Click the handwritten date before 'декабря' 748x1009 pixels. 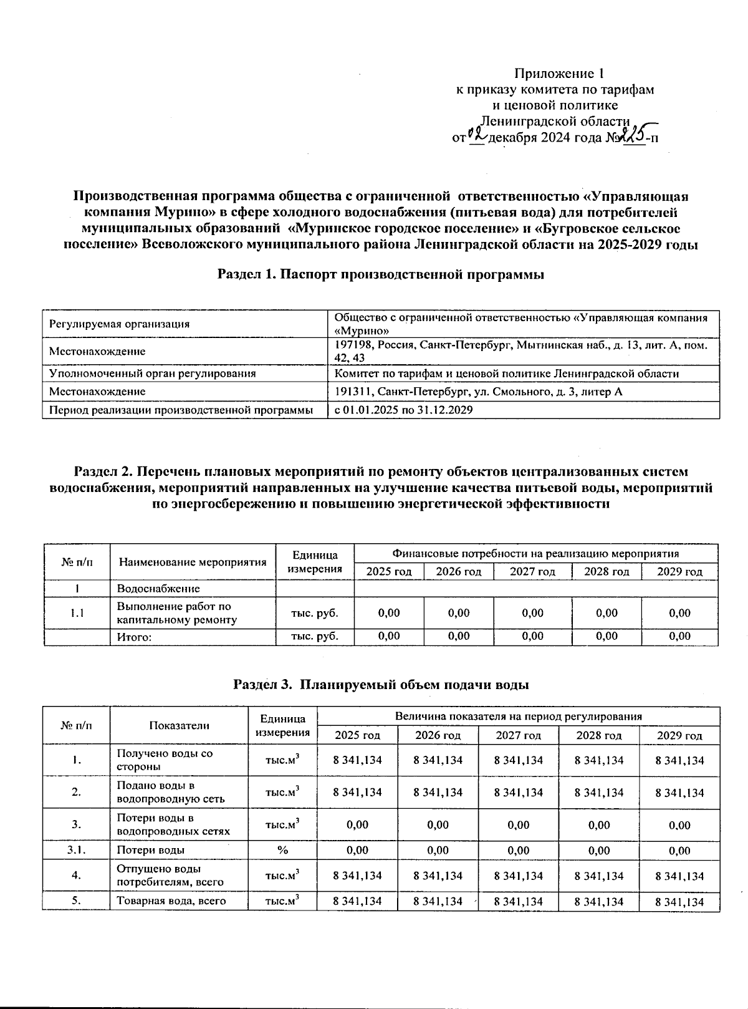tap(477, 135)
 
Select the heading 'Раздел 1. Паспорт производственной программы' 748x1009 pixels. tap(381, 274)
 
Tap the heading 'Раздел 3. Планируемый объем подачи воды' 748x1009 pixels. tap(381, 684)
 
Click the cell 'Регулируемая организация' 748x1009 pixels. tap(119, 324)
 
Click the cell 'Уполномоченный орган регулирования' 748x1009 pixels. tap(153, 374)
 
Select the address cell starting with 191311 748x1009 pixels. tap(478, 392)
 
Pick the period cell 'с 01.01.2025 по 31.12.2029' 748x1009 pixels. tap(403, 410)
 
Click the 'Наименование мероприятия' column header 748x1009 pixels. tap(193, 562)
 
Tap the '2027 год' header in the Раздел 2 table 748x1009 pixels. tap(532, 571)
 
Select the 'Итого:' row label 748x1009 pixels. tap(135, 637)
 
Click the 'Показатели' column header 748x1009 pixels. tap(179, 725)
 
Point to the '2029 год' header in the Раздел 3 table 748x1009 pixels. tap(679, 735)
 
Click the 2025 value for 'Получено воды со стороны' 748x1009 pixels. tap(357, 760)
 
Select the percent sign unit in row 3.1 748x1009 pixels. tap(282, 850)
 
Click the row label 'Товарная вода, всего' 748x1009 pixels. tap(171, 901)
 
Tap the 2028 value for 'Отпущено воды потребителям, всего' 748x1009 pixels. tap(599, 876)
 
